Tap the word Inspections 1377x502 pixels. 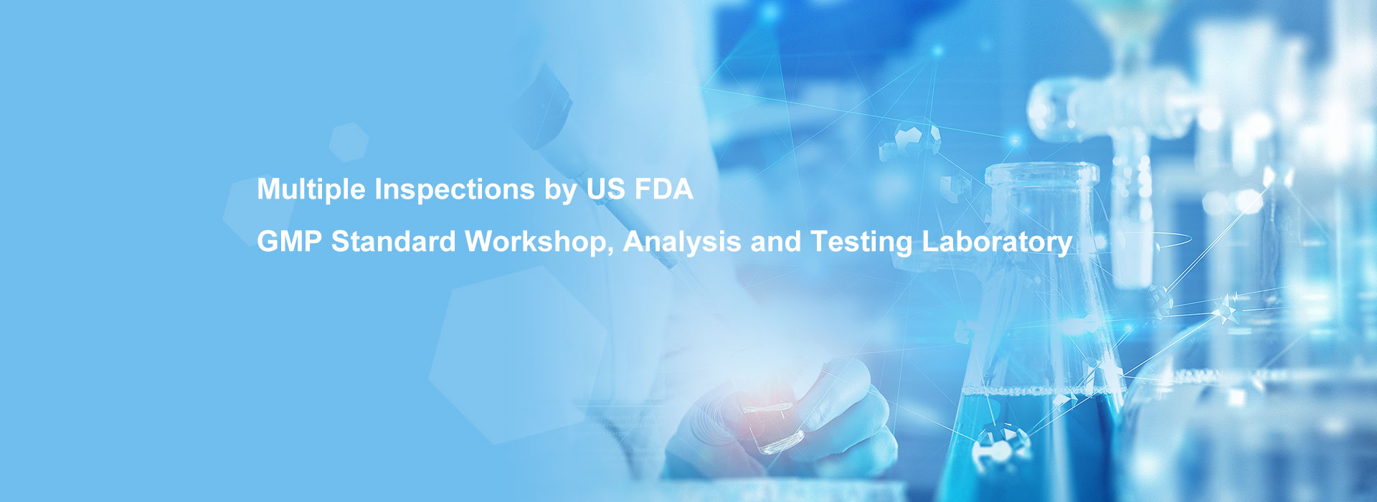(455, 189)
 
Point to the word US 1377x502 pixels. (605, 189)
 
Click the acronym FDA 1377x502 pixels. (664, 189)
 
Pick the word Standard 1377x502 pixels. (393, 242)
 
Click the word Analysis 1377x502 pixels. (682, 242)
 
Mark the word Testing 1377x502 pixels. (861, 242)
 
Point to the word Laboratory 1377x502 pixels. (997, 242)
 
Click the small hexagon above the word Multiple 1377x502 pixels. (349, 142)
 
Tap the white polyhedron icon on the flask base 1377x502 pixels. (1000, 445)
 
